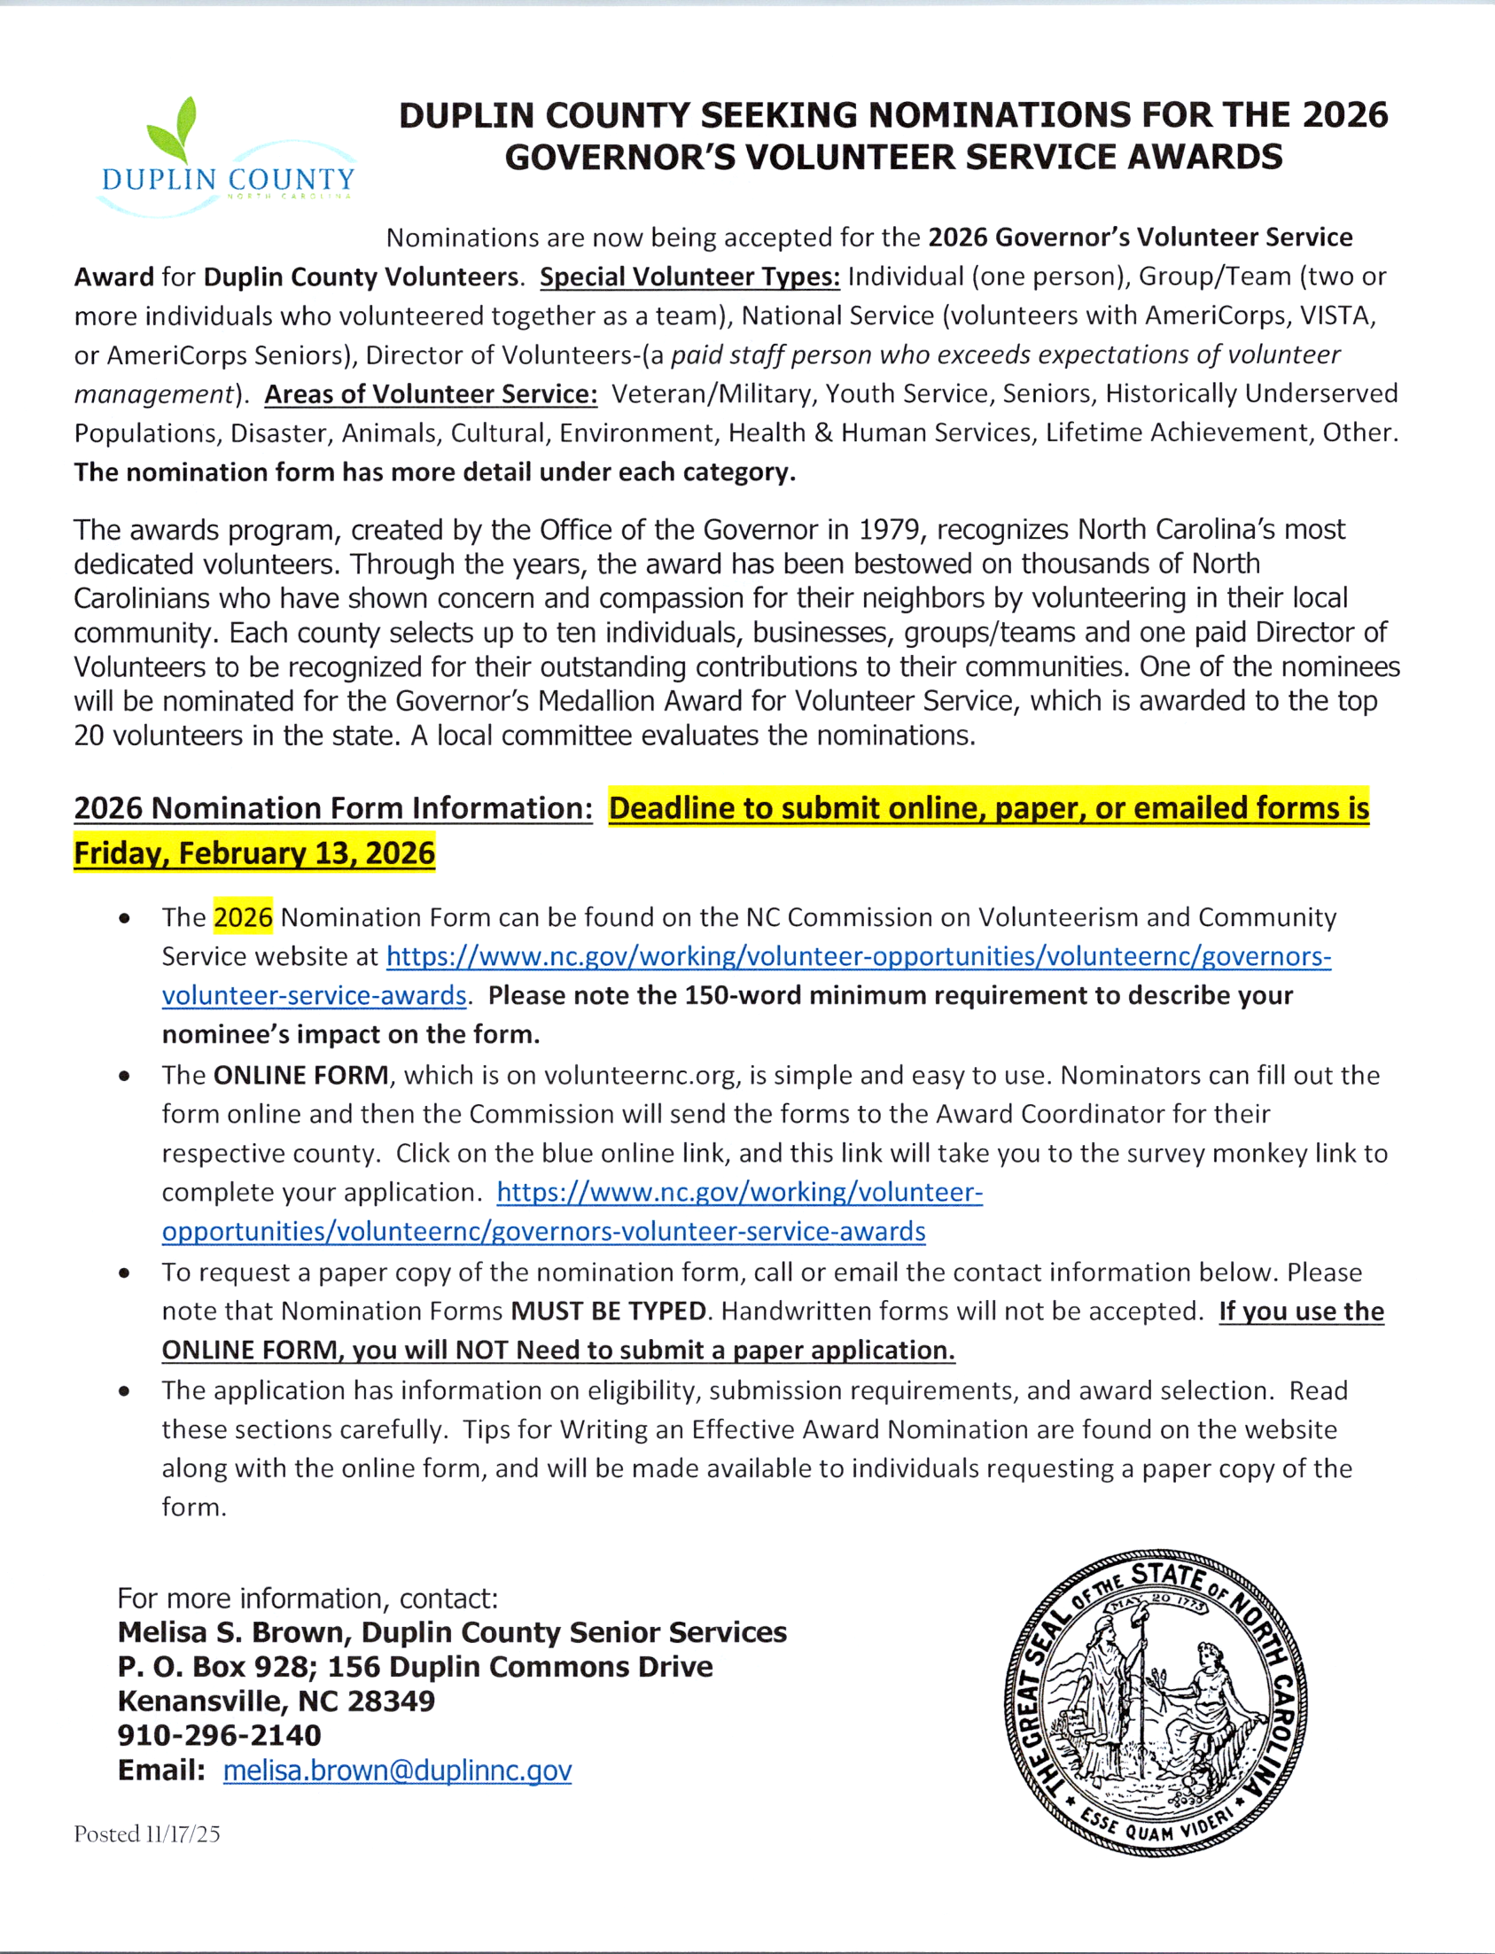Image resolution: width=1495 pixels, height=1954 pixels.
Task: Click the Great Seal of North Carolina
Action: pos(1155,1703)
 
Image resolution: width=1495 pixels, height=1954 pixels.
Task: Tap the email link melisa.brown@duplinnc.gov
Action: pos(397,1770)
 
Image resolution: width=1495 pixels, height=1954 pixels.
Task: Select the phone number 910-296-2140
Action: pos(219,1735)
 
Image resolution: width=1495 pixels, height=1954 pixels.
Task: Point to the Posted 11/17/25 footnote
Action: pos(147,1833)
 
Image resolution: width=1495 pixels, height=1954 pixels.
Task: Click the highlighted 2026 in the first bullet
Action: pos(243,917)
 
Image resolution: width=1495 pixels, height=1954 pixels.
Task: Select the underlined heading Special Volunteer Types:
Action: pos(689,276)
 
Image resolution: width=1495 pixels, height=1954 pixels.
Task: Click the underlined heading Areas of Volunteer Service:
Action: pos(431,394)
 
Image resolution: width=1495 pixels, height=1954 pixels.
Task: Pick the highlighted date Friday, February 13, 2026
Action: pos(254,852)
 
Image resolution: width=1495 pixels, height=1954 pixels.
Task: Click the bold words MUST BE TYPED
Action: pos(609,1311)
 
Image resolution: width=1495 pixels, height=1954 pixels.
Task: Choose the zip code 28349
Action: pos(392,1701)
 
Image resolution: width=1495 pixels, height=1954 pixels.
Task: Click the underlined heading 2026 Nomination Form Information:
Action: pos(333,808)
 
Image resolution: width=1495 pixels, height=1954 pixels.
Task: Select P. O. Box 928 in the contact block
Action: pos(209,1667)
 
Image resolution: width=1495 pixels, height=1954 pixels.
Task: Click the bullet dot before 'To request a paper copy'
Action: pos(124,1273)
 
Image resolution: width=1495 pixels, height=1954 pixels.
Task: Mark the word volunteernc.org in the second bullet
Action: pos(641,1075)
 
